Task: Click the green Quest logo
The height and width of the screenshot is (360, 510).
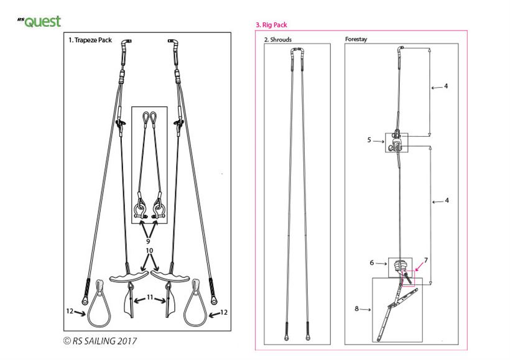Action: [39, 22]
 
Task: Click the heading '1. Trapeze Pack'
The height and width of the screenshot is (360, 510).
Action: [90, 40]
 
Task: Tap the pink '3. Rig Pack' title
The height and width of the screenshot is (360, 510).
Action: [271, 25]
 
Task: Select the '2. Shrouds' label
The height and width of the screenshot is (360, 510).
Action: [278, 40]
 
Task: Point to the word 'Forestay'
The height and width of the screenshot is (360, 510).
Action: [356, 39]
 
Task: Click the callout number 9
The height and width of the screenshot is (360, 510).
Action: [148, 241]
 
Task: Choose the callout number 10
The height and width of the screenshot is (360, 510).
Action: [149, 251]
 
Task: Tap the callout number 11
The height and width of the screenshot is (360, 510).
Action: [150, 297]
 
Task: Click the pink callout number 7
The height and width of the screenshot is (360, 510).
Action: [426, 260]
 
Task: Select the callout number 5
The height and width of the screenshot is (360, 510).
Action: [369, 140]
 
